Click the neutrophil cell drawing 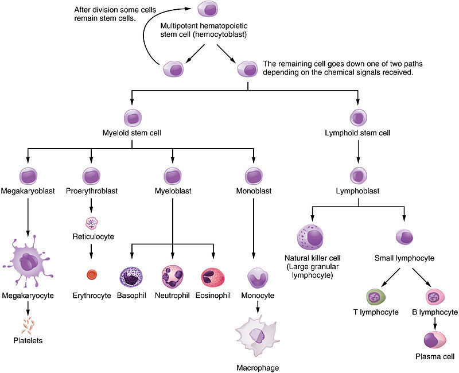coord(173,276)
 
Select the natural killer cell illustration coord(311,238)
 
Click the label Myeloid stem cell coord(133,133)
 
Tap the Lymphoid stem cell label coord(358,133)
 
